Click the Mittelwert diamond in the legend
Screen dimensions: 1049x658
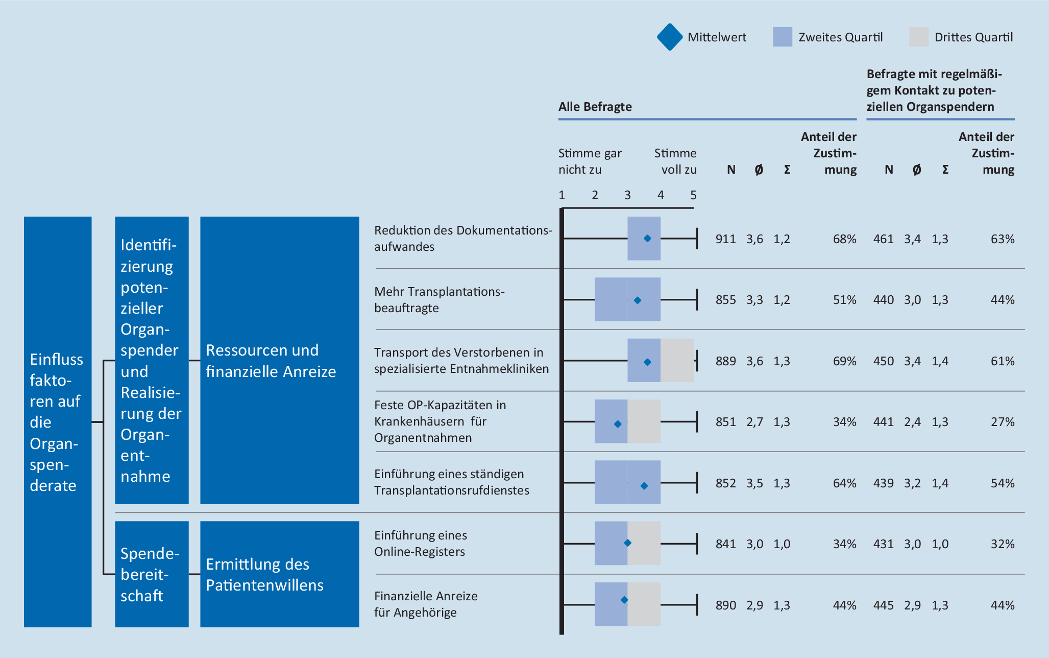(670, 37)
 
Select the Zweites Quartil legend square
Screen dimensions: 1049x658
(782, 37)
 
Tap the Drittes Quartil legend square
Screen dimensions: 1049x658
(918, 37)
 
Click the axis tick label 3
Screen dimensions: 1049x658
(627, 195)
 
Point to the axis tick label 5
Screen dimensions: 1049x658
(693, 195)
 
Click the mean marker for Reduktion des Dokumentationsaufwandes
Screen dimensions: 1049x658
(647, 239)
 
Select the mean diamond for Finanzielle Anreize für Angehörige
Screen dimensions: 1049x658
(624, 600)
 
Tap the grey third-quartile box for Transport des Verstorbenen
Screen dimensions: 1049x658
(677, 361)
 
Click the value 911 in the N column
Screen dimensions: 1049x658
(725, 239)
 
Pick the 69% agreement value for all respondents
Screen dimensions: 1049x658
(844, 361)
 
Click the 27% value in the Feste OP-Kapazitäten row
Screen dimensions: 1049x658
(1002, 422)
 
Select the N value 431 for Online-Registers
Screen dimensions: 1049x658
(883, 544)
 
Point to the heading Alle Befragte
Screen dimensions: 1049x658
(595, 107)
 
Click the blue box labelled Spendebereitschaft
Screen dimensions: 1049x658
(152, 574)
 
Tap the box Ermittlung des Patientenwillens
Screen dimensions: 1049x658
(279, 574)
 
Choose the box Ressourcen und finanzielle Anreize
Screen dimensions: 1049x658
(279, 361)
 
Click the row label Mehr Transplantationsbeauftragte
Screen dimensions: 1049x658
(439, 300)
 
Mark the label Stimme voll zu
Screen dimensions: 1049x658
(675, 161)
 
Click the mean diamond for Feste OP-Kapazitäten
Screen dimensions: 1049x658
(618, 424)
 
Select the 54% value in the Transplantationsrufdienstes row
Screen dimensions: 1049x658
(1002, 483)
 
